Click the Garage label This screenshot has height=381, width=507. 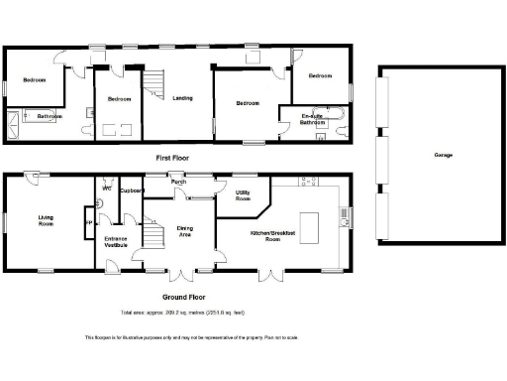pyautogui.click(x=442, y=156)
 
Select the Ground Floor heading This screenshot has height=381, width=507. pyautogui.click(x=181, y=296)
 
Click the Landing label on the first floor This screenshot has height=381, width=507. pyautogui.click(x=182, y=98)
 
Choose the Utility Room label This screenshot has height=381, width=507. pyautogui.click(x=243, y=195)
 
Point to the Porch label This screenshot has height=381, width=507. pyautogui.click(x=179, y=182)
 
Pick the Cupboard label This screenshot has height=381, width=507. pyautogui.click(x=132, y=190)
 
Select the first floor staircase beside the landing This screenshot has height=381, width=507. pyautogui.click(x=154, y=81)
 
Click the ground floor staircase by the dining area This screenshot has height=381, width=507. pyautogui.click(x=152, y=234)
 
